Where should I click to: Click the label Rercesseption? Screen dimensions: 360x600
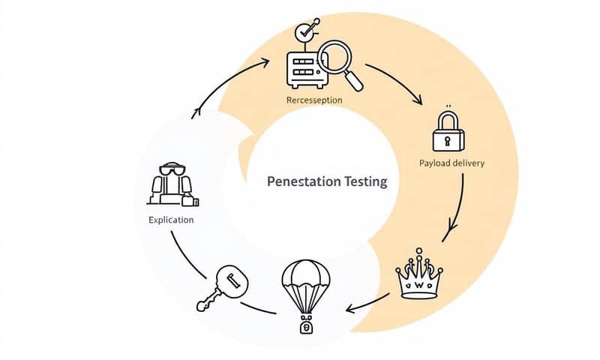pyautogui.click(x=314, y=100)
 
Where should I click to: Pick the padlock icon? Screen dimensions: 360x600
pyautogui.click(x=448, y=132)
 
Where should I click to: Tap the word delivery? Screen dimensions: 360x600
pyautogui.click(x=467, y=163)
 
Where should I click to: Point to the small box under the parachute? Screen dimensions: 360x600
pyautogui.click(x=305, y=326)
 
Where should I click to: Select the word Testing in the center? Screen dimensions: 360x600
pyautogui.click(x=362, y=181)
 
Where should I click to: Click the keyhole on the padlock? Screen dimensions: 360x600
pyautogui.click(x=448, y=140)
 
